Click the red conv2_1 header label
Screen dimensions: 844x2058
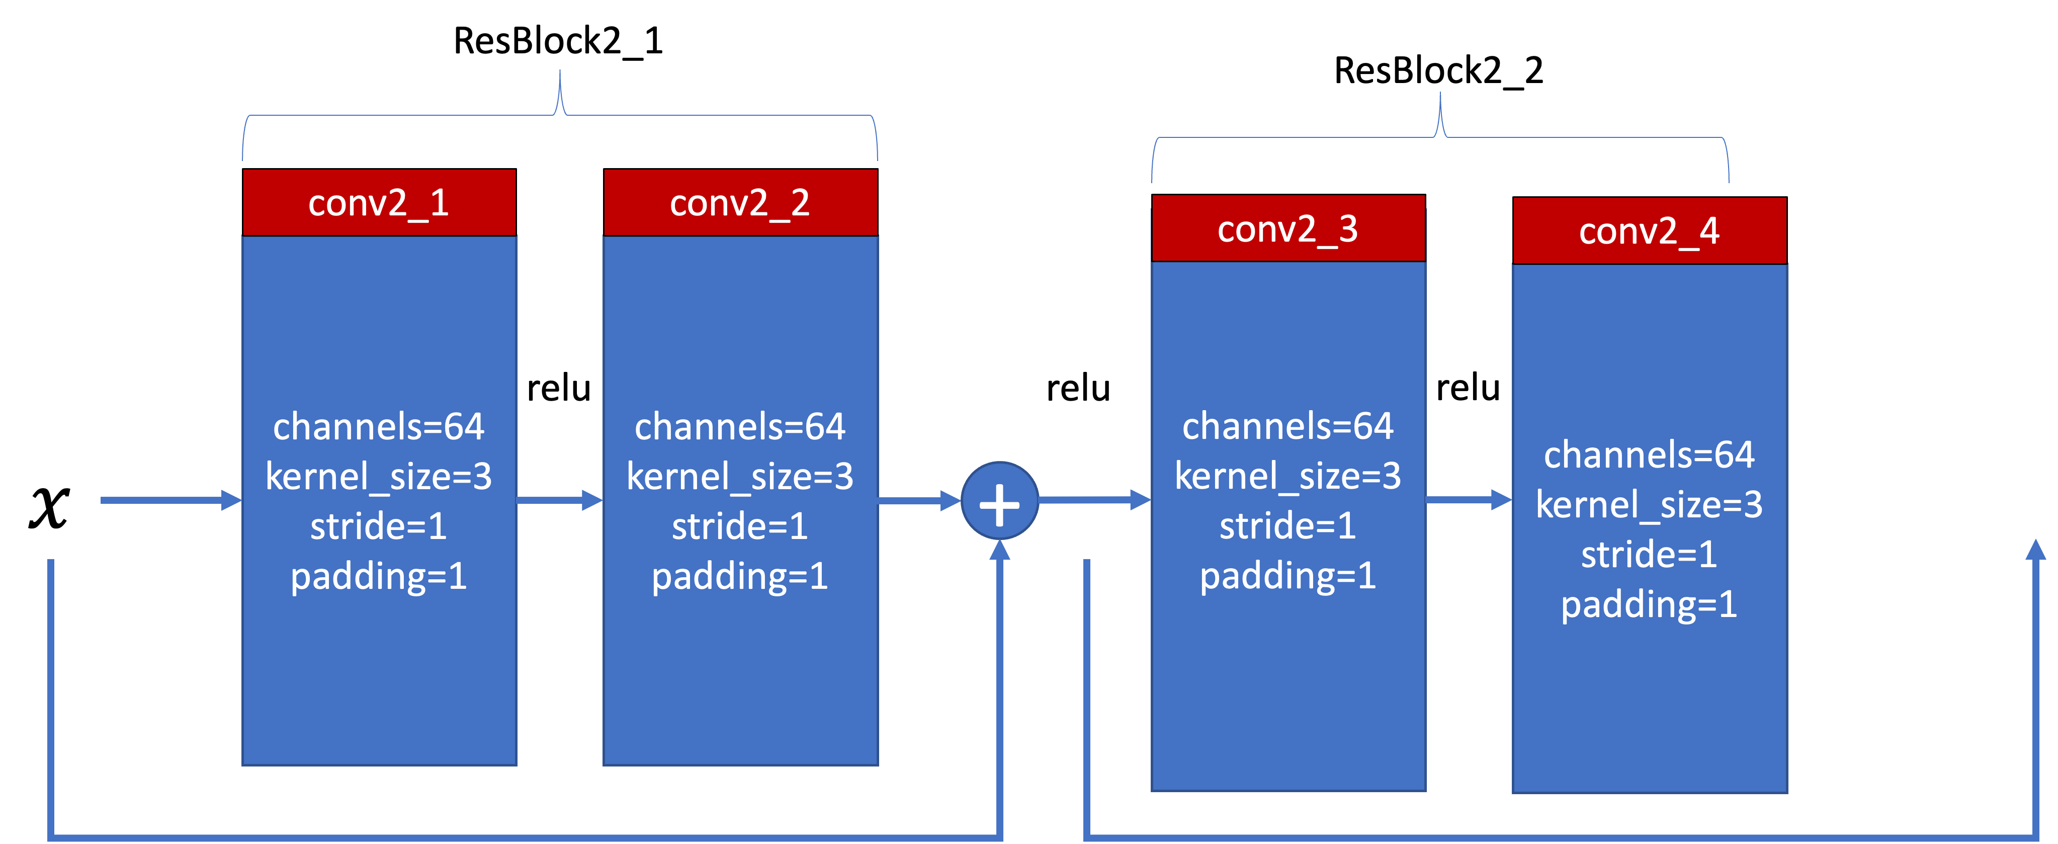[x=379, y=203]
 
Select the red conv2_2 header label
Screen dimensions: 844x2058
[x=740, y=203]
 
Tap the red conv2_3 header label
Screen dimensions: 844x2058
[x=1288, y=229]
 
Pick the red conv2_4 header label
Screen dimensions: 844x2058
[x=1649, y=232]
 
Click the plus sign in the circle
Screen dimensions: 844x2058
[x=999, y=501]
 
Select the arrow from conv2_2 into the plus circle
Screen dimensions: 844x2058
[x=919, y=501]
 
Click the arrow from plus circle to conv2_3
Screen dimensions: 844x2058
[x=1094, y=500]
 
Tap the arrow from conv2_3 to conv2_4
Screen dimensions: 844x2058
[x=1469, y=500]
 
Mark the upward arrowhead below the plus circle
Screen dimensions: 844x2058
[x=999, y=552]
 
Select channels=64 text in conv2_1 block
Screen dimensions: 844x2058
[x=379, y=427]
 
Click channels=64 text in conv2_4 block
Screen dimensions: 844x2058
[x=1649, y=455]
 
